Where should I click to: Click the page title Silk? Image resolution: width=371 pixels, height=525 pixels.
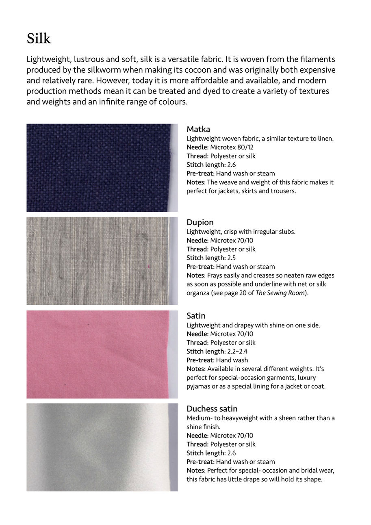(x=39, y=39)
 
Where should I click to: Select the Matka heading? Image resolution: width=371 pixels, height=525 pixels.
(x=198, y=129)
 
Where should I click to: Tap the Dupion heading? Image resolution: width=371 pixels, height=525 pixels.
(x=200, y=222)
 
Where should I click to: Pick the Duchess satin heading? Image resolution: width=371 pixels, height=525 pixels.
(x=212, y=409)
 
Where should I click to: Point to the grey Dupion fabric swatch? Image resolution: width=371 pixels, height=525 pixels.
(x=102, y=261)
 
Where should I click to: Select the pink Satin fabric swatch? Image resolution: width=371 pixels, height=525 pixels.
(x=102, y=354)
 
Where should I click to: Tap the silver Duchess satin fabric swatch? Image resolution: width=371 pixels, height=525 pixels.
(x=102, y=447)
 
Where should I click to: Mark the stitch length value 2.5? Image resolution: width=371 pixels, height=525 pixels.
(x=232, y=258)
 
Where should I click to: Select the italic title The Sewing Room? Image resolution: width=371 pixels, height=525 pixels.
(x=280, y=293)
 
